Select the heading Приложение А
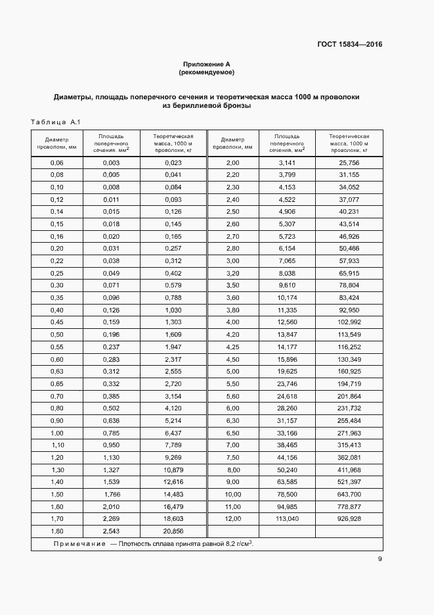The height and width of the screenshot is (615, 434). [207, 64]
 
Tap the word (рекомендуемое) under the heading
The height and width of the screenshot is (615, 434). [207, 72]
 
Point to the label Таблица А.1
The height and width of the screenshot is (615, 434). [55, 122]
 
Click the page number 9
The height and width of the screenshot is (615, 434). [380, 559]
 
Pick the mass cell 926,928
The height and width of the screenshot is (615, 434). [349, 519]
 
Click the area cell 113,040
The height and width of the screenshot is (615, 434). [288, 519]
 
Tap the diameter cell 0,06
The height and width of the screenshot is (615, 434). [57, 162]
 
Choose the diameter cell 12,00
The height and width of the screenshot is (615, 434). [233, 519]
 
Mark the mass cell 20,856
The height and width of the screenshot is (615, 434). [173, 531]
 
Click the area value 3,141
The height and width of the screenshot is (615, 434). [288, 162]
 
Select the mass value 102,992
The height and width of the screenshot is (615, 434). [349, 322]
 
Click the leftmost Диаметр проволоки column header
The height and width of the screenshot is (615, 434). [57, 143]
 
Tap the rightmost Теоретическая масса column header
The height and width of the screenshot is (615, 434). [349, 143]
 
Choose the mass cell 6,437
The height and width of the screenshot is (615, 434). [173, 433]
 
